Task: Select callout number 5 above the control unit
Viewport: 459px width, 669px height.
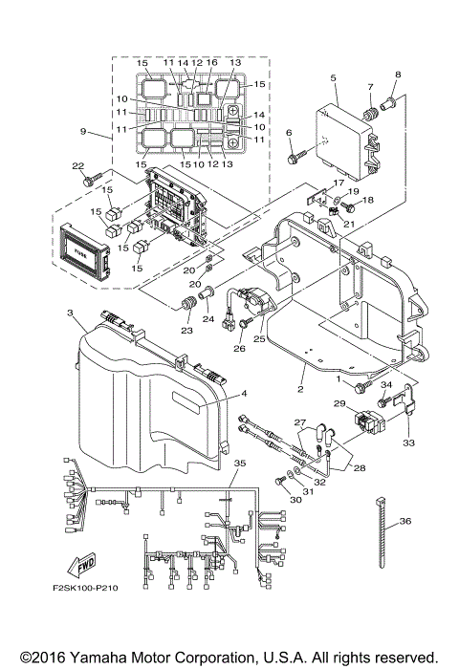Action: pyautogui.click(x=334, y=77)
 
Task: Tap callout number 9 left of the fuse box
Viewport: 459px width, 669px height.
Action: pyautogui.click(x=84, y=131)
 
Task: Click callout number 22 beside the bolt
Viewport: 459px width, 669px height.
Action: pyautogui.click(x=78, y=166)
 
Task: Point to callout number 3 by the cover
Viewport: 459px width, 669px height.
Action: pyautogui.click(x=70, y=313)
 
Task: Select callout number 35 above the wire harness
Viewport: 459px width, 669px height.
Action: pyautogui.click(x=239, y=463)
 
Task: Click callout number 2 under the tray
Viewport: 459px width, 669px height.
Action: pyautogui.click(x=300, y=389)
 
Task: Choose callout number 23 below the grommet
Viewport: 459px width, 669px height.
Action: pyautogui.click(x=186, y=330)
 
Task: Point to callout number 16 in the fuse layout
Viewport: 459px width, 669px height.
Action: pyautogui.click(x=211, y=62)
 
